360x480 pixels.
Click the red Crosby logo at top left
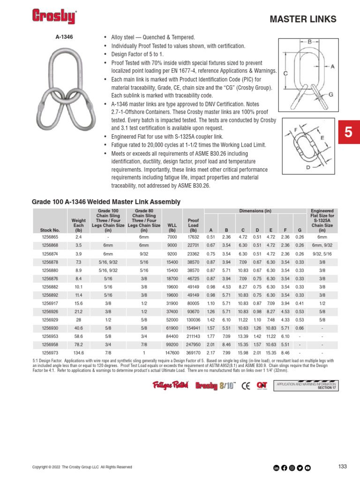(54, 17)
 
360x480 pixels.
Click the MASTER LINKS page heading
(303, 19)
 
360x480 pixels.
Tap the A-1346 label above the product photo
(64, 36)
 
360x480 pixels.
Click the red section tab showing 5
(348, 132)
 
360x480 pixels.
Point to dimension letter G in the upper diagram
(331, 95)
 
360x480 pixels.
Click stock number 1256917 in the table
(50, 303)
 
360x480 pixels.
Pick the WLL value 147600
(172, 352)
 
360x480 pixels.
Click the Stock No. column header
(50, 230)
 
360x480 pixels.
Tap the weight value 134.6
(79, 352)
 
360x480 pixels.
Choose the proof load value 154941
(193, 328)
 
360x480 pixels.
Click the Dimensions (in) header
(255, 211)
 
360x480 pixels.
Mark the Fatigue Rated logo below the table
(171, 385)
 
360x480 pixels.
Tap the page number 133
(342, 466)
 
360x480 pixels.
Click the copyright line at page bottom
(82, 467)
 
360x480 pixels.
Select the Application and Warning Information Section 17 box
(307, 385)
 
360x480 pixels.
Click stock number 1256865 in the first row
(50, 238)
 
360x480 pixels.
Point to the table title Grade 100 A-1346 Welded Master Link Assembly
(106, 202)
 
